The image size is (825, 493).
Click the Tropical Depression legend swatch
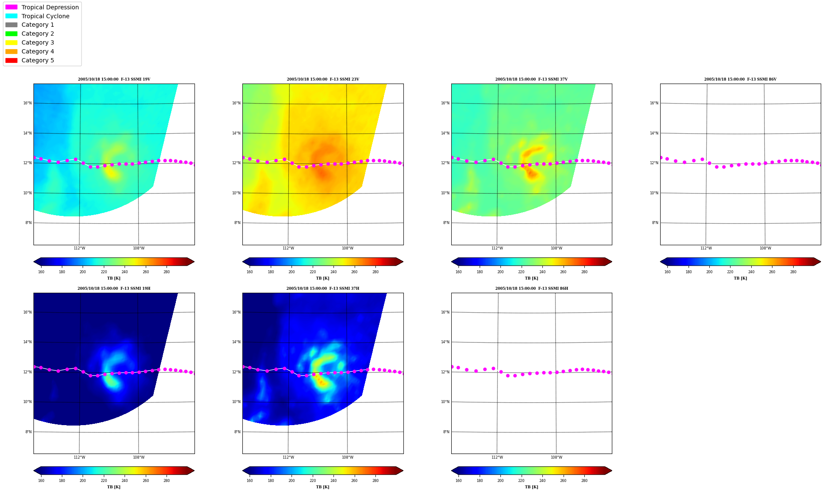(x=11, y=7)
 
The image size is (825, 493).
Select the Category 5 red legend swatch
(x=11, y=60)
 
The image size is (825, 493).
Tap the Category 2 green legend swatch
(x=11, y=34)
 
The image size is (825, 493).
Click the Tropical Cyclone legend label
(x=45, y=16)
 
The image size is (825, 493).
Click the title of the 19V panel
(x=114, y=79)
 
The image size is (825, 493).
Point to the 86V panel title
(x=740, y=79)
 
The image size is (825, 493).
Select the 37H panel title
(x=323, y=289)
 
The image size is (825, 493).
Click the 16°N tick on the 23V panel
(x=236, y=103)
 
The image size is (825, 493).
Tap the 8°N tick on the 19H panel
(x=28, y=432)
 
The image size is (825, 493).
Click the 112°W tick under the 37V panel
(x=497, y=248)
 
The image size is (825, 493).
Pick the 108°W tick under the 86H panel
(x=556, y=457)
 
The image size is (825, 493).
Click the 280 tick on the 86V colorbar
(x=793, y=272)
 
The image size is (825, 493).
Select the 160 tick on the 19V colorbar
(x=41, y=272)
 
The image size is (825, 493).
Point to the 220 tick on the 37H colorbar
(x=313, y=481)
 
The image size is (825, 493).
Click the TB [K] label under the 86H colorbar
(x=531, y=487)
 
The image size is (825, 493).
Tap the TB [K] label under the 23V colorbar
(x=322, y=278)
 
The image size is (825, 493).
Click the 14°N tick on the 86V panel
(x=654, y=133)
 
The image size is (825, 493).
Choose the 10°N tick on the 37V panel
(x=445, y=193)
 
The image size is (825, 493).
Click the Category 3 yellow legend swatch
(x=11, y=42)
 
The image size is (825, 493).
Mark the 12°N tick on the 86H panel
(x=445, y=372)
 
